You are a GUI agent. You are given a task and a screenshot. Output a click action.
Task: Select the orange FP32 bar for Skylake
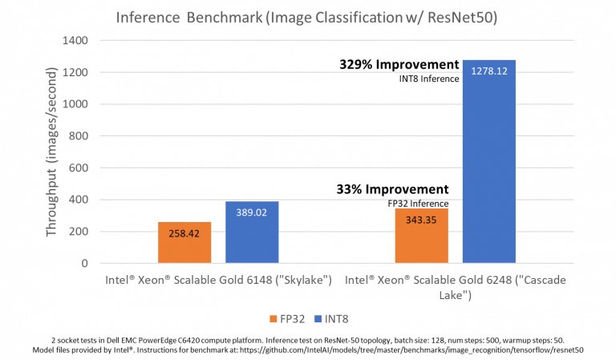[184, 243]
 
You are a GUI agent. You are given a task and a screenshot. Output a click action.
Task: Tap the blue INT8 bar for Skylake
[252, 233]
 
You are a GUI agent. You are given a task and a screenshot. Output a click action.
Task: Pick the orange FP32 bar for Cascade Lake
[421, 237]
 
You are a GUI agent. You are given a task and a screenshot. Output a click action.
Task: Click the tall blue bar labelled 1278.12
[488, 160]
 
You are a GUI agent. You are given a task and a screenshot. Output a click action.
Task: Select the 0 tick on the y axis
[83, 263]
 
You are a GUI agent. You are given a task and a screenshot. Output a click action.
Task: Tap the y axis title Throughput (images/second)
[51, 152]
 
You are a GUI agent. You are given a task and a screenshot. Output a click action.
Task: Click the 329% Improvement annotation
[399, 65]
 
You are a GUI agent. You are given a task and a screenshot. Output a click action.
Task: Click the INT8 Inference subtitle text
[429, 79]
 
